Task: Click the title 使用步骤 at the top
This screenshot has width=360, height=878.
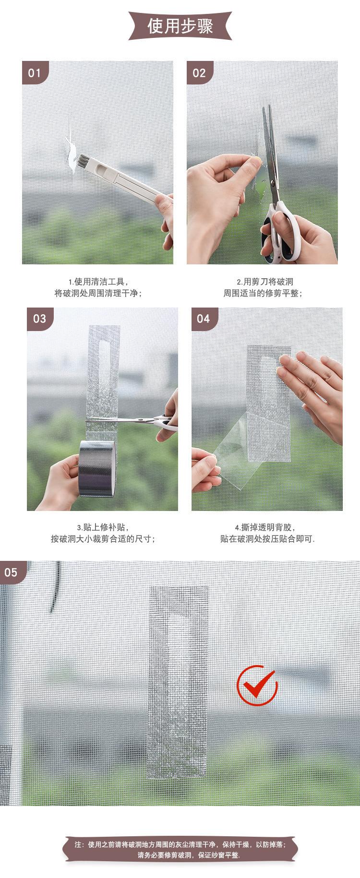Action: coord(180,25)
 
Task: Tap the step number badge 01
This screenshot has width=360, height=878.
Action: coord(35,73)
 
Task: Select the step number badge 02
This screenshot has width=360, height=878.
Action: coord(200,73)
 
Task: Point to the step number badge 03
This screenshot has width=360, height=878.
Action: coord(40,319)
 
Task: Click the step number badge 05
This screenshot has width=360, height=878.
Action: coord(12,572)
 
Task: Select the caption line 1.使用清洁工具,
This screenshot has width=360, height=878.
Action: coord(99,282)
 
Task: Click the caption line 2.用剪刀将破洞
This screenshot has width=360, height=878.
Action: coord(265,282)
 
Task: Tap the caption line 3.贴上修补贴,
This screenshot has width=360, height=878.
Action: coord(104,527)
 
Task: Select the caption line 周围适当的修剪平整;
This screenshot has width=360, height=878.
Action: coord(263,293)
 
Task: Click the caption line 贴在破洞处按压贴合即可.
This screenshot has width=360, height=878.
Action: coord(267,539)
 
